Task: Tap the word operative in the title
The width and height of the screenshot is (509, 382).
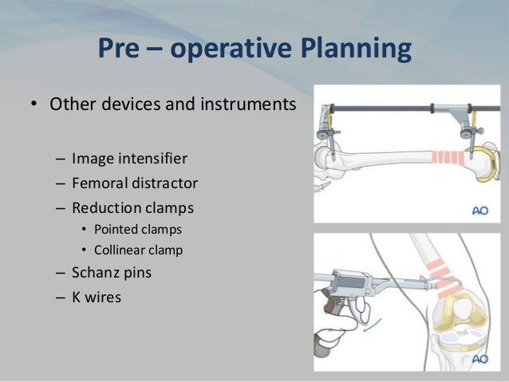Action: pos(210,49)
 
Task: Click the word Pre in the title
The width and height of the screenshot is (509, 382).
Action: pos(120,49)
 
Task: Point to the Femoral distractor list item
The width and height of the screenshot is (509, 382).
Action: pos(134,183)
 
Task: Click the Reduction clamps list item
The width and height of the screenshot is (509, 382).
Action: pos(132,207)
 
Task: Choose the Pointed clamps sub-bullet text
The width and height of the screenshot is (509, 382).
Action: pos(138,229)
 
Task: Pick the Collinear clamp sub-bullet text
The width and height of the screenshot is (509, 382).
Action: pos(138,250)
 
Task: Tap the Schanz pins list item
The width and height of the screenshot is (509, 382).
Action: pos(112,272)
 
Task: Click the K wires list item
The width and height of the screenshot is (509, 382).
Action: pos(97,298)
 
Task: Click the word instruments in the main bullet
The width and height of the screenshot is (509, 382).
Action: pos(251,104)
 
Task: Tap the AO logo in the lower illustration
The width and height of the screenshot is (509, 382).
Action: pos(478,358)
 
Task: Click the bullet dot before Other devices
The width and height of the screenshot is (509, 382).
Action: pos(34,105)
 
